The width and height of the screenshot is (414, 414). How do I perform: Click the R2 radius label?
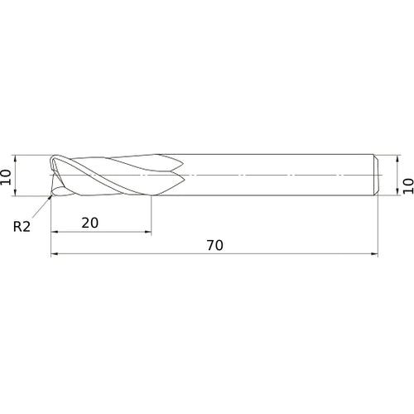pyautogui.click(x=22, y=227)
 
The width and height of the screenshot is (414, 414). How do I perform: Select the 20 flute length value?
pyautogui.click(x=90, y=223)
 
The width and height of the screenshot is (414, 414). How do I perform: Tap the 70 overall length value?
pyautogui.click(x=215, y=245)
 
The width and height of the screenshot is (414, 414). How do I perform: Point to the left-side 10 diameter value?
pyautogui.click(x=6, y=177)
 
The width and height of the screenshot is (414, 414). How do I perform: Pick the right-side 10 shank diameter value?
pyautogui.click(x=408, y=186)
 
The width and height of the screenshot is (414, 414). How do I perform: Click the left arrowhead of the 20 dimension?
pyautogui.click(x=55, y=232)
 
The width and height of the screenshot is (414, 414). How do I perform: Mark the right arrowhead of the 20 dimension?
pyautogui.click(x=148, y=232)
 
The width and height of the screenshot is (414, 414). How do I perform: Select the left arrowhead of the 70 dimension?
pyautogui.click(x=55, y=253)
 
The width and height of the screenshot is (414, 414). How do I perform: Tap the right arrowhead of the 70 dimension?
pyautogui.click(x=374, y=253)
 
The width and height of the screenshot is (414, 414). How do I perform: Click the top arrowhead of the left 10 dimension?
pyautogui.click(x=15, y=158)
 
